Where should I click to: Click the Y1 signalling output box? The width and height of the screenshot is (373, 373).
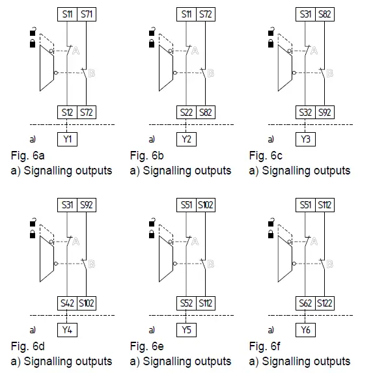[67, 139]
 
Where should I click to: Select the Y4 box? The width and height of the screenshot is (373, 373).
[67, 329]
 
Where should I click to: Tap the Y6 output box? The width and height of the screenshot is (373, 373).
[305, 329]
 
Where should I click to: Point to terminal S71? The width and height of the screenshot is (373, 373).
[87, 14]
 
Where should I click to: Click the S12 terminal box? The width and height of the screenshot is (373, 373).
[68, 113]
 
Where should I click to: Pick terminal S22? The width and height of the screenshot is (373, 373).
[187, 113]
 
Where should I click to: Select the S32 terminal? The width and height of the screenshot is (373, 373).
[305, 113]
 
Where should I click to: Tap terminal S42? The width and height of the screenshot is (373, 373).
[68, 303]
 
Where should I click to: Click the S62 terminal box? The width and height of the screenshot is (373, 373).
[305, 303]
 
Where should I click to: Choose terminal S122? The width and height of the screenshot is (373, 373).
[325, 303]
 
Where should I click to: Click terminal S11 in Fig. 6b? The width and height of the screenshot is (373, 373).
[187, 14]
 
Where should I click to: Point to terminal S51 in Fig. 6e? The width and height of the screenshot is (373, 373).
[187, 204]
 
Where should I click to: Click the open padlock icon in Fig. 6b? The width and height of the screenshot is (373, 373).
[151, 31]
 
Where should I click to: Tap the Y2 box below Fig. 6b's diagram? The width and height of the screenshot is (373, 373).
[186, 139]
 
